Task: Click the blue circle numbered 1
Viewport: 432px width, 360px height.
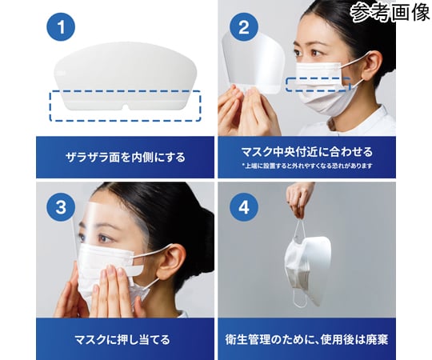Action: coord(61,26)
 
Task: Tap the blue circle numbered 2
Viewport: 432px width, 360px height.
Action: coord(243,26)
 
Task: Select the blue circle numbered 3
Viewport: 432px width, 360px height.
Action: coord(61,206)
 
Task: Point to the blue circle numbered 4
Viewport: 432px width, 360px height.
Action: coord(243,206)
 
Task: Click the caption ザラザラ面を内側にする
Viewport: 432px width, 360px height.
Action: coord(126,158)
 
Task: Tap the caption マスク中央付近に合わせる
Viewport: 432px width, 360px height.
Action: coord(306,151)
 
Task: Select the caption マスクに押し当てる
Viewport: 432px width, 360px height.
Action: coord(122,339)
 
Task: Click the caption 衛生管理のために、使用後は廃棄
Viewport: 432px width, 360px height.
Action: coord(306,339)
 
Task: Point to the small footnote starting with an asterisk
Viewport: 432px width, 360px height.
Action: coord(307,166)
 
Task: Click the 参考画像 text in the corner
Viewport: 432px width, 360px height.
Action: coord(391,11)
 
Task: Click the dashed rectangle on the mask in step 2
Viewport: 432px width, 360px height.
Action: coord(318,84)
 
